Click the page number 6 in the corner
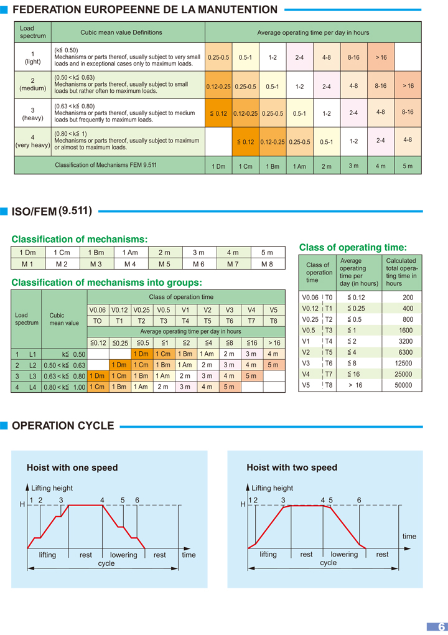441,627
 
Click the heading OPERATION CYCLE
63,426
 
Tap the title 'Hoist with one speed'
72,468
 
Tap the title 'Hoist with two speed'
292,468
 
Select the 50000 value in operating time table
403,385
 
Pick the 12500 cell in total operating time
403,364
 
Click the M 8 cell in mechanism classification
267,264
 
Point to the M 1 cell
27,264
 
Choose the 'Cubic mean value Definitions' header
121,32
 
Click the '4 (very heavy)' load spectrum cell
32,141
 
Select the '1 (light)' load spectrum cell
32,57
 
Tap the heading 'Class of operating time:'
353,247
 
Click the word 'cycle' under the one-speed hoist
106,563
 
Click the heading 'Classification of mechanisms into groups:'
106,283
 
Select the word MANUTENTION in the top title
237,9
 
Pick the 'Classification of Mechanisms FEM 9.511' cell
106,165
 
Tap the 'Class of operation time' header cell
181,297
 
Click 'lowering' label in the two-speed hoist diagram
344,554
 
